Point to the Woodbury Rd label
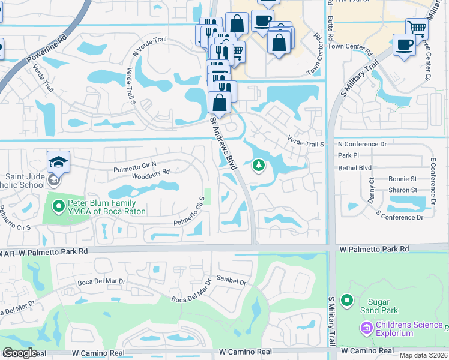(151, 172)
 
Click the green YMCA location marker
(58, 207)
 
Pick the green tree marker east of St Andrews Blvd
(259, 164)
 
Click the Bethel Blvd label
(355, 168)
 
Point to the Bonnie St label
(402, 179)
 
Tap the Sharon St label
(402, 190)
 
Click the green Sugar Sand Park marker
(346, 300)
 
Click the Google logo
(19, 353)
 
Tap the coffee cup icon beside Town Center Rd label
(404, 44)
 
